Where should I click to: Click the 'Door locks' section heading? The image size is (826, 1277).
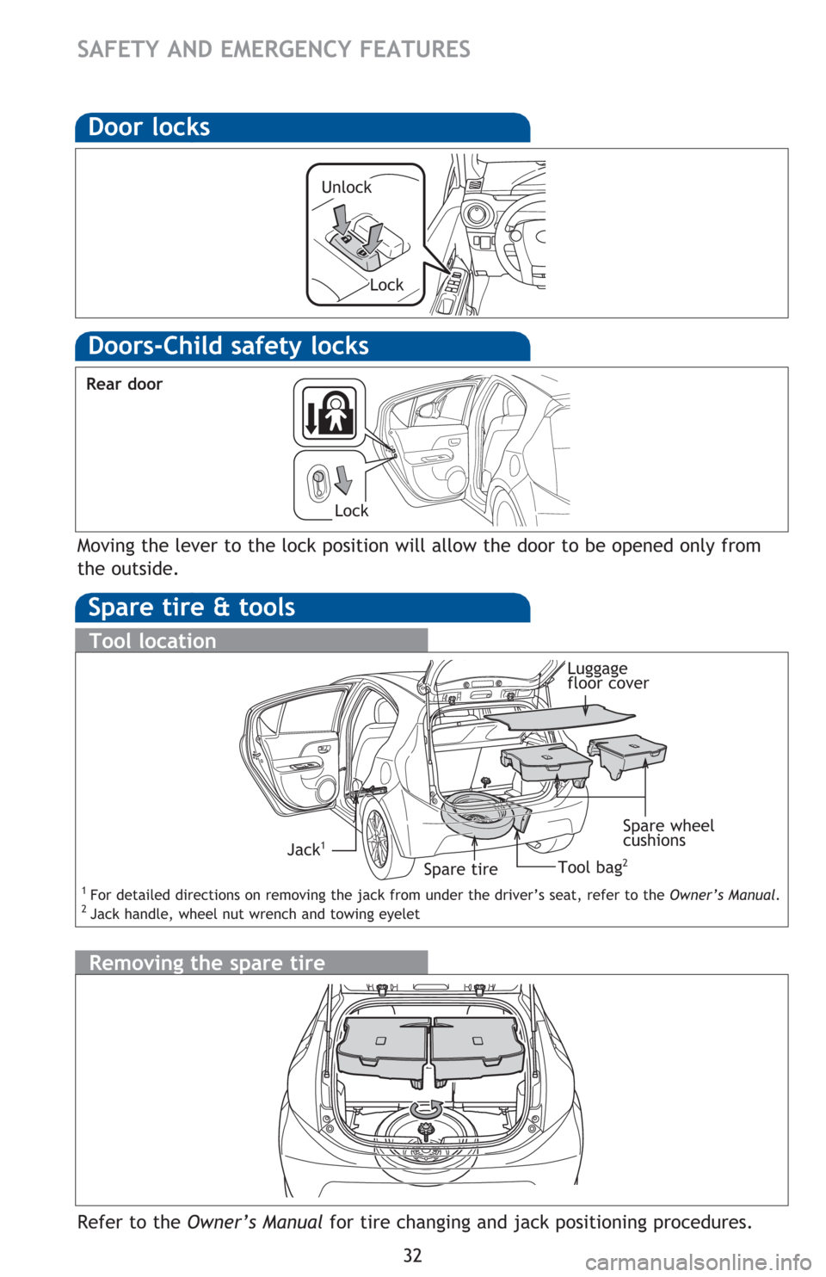pos(149,126)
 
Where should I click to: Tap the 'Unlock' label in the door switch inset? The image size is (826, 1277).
pos(346,187)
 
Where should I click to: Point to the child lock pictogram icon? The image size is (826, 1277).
pos(330,412)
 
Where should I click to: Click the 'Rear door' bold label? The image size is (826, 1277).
pos(124,385)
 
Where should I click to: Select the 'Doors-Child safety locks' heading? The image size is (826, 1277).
pos(229,346)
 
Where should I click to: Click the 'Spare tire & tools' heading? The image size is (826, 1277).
pos(192,608)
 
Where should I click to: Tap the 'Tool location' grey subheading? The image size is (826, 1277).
pos(153,641)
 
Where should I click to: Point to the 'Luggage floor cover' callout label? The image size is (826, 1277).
pos(607,676)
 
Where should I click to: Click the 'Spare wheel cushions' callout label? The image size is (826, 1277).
pos(668,833)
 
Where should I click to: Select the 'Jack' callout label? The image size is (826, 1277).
pos(306,849)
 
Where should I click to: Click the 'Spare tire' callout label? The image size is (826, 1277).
pos(460,869)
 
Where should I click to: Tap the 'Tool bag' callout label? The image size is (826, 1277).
pos(593,867)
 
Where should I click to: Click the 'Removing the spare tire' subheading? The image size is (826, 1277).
pos(206,963)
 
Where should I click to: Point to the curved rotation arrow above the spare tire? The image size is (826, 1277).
pos(427,1109)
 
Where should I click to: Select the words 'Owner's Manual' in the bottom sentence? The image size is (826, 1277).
pos(254,1222)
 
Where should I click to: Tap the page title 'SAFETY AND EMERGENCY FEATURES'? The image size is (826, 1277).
pos(274,50)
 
